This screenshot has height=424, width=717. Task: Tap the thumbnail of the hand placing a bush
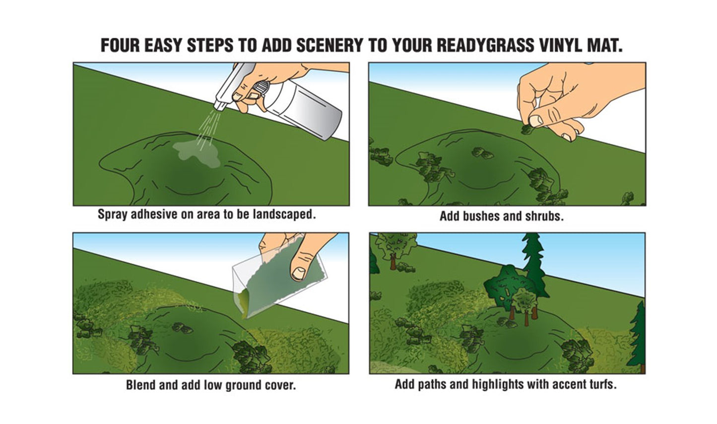point(535,120)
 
